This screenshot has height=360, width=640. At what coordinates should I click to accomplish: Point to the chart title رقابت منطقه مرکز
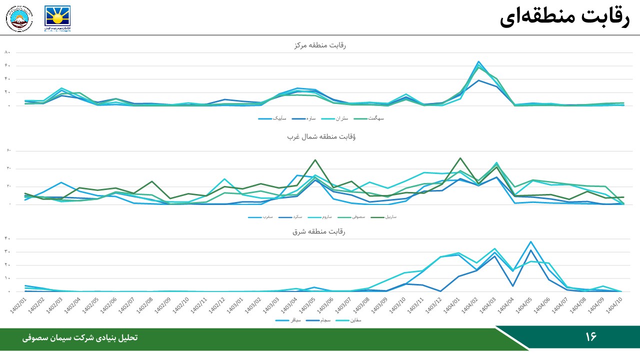319,45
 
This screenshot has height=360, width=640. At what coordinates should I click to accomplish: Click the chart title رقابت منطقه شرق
319,231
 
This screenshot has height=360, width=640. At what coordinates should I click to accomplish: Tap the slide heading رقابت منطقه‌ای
564,17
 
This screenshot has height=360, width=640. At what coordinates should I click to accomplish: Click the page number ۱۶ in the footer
591,337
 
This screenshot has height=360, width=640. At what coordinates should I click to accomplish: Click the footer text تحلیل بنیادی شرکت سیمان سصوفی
80,338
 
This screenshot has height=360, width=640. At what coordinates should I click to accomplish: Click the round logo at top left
19,18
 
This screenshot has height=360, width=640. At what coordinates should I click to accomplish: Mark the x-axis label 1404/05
524,305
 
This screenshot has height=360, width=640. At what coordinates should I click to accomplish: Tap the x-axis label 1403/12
434,305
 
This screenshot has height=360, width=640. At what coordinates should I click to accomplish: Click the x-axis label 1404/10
614,305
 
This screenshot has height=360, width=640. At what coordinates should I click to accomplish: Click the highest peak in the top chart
478,61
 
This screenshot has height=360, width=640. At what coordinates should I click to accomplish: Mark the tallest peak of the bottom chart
530,241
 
